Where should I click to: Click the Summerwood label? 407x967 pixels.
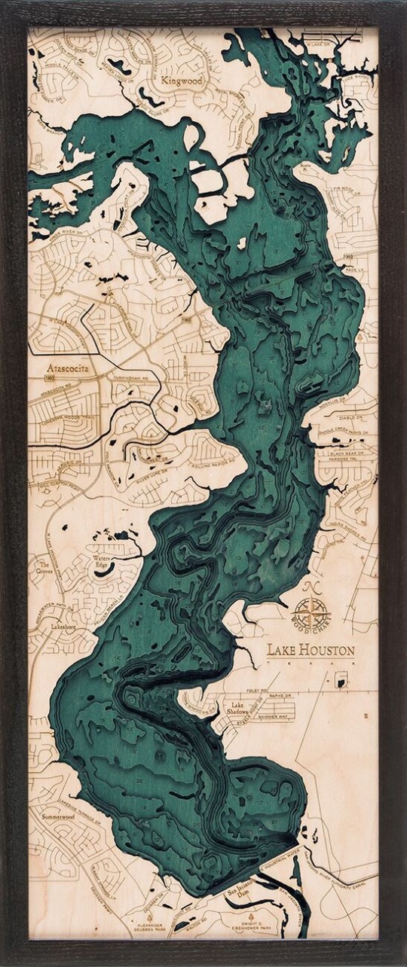pos(58,816)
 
